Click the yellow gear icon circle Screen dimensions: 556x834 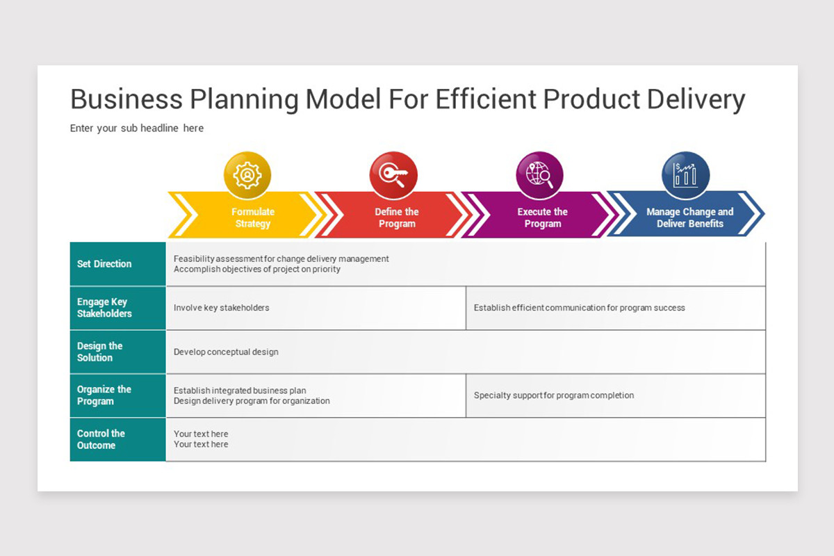[x=247, y=175]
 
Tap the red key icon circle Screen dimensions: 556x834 [x=393, y=175]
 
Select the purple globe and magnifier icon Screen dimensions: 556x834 [x=540, y=175]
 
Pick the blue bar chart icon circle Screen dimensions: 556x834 [x=686, y=175]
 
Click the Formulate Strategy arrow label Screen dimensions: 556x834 [x=253, y=218]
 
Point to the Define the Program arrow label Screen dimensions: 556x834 [x=397, y=218]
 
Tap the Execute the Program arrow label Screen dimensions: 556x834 [x=542, y=218]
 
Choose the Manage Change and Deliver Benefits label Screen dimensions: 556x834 [x=689, y=218]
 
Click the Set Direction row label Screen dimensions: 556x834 [x=104, y=264]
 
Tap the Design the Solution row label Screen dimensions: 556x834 [x=100, y=352]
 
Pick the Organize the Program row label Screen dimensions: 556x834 [x=104, y=395]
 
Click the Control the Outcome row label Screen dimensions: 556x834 [x=101, y=439]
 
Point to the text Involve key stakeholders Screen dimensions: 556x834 [x=222, y=308]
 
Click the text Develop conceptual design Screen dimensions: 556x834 [x=226, y=352]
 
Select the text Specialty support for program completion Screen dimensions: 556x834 [x=554, y=395]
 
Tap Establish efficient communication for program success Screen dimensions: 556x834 [x=579, y=308]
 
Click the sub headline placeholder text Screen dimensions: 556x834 [x=137, y=129]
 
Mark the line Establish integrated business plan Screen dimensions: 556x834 [x=240, y=391]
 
